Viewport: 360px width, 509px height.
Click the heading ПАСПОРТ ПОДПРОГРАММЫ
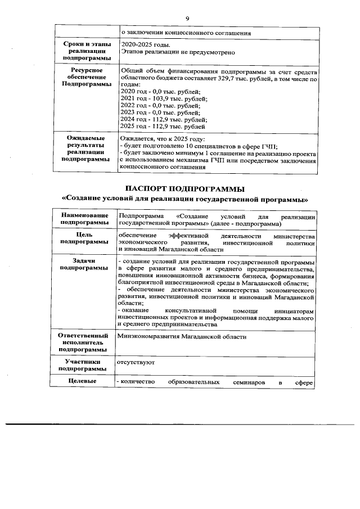tap(186, 188)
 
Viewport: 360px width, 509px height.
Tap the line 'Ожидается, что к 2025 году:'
tap(163, 139)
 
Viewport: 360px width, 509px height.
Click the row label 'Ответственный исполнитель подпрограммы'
tap(84, 343)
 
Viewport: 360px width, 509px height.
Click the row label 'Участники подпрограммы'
tap(84, 366)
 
